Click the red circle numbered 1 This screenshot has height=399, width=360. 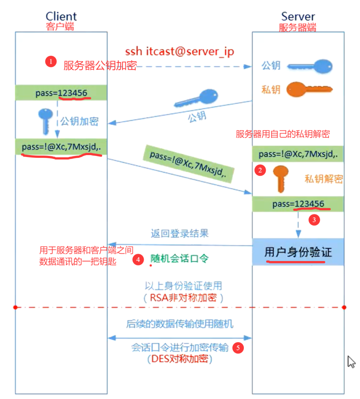coord(51,62)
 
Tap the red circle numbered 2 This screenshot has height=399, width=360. coord(259,170)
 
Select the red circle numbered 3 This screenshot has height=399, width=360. coord(314,220)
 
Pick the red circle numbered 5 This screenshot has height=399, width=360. coord(238,348)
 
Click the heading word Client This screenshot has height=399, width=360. coord(61,16)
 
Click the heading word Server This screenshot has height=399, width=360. coord(298,16)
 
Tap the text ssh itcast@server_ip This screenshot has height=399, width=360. coord(179,52)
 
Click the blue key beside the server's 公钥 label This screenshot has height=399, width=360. coord(310,66)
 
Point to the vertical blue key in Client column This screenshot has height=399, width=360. coord(46,121)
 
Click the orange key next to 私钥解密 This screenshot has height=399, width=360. coord(280,178)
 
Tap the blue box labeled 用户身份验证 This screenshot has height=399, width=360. coord(298,252)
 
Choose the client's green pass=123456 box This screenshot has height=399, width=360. coord(61,93)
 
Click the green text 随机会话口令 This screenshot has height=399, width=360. coord(180,259)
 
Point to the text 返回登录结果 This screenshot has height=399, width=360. coord(179,234)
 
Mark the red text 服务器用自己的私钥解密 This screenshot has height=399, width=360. coord(283,134)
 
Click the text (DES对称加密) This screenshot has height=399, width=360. coord(180,359)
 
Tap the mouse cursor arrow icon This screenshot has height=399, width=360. coord(351,361)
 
